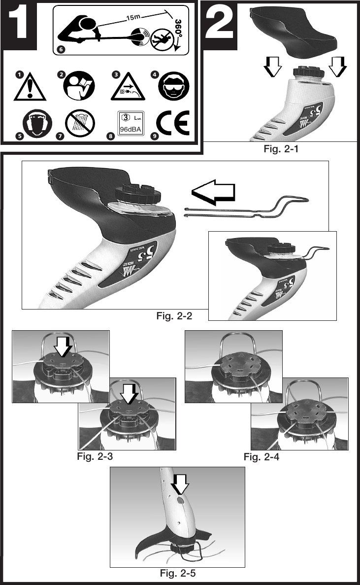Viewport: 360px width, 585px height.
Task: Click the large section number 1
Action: click(x=20, y=26)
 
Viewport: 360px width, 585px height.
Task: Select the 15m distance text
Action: click(x=133, y=18)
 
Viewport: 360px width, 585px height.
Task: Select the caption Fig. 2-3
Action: click(x=95, y=456)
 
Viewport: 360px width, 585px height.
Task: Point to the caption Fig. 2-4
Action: click(x=262, y=457)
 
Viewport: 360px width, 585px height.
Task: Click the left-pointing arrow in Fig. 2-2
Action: click(x=213, y=194)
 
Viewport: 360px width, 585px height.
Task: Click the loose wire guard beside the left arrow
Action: click(x=246, y=207)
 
